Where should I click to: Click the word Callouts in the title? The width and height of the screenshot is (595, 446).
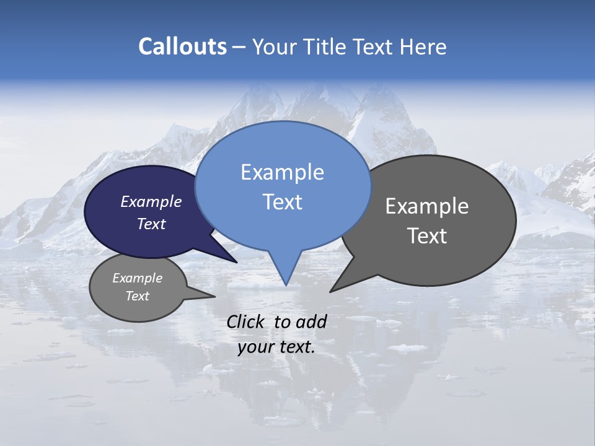coord(182,46)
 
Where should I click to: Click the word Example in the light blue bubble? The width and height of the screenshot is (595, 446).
coord(282,172)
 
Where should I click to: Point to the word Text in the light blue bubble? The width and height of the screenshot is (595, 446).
coord(282,202)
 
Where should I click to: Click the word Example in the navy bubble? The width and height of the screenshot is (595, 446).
coord(151,201)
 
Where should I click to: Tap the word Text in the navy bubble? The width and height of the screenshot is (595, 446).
coord(151,224)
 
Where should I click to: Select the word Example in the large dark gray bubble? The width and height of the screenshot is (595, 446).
coord(427,206)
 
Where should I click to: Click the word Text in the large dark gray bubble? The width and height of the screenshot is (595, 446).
coord(427,236)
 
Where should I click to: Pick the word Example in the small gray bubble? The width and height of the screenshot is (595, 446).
coord(137,278)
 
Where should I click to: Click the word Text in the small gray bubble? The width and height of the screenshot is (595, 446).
coord(137,296)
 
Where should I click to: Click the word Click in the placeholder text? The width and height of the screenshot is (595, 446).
coord(245,321)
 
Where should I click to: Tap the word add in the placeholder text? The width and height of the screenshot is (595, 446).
coord(311,321)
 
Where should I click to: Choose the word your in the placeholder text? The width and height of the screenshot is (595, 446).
coord(255,347)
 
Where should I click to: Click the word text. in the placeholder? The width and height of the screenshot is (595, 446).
coord(297,347)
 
